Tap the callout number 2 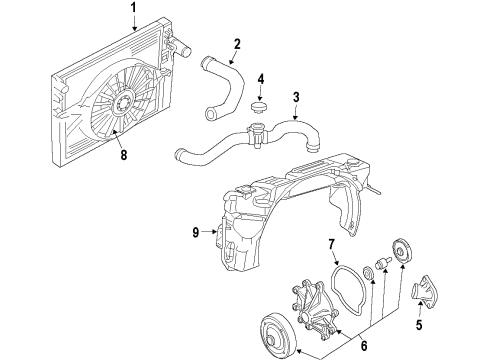pyautogui.click(x=236, y=43)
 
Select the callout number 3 pyautogui.click(x=296, y=97)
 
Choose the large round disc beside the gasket pyautogui.click(x=406, y=251)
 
